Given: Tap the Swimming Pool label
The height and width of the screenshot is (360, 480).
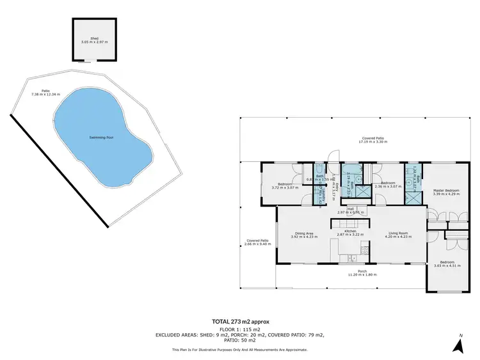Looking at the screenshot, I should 102,137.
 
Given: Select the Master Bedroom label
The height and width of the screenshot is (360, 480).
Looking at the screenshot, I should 446,190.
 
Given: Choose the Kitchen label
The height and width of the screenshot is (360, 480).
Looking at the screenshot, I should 350,231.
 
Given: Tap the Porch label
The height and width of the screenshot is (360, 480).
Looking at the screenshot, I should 362,271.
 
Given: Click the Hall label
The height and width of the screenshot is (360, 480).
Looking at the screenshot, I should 351,208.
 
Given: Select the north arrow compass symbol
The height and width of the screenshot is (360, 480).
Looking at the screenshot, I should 458,345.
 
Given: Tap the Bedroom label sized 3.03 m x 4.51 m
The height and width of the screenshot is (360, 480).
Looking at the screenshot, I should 446,262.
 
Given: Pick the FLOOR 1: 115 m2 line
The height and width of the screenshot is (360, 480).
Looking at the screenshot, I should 239,329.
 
